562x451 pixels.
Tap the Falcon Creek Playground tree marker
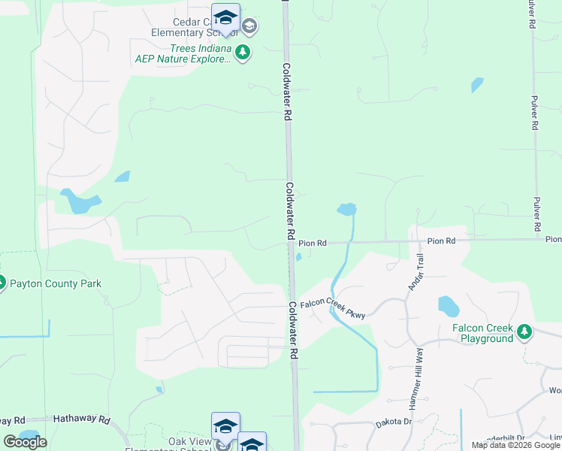[x=525, y=331]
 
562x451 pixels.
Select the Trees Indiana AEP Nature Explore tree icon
[x=242, y=53]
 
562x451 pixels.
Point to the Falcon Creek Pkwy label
[x=333, y=310]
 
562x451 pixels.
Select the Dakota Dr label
[x=394, y=423]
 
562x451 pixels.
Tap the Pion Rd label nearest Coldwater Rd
[x=313, y=244]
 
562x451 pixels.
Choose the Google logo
[x=25, y=441]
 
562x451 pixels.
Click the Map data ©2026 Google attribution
[x=515, y=445]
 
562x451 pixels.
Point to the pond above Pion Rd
[x=346, y=209]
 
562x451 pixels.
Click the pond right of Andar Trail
[x=448, y=306]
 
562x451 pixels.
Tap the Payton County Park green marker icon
[x=2, y=283]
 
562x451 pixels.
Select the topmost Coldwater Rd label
[x=286, y=93]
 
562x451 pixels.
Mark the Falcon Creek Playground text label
[x=482, y=333]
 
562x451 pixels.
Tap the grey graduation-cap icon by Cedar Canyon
[x=249, y=28]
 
